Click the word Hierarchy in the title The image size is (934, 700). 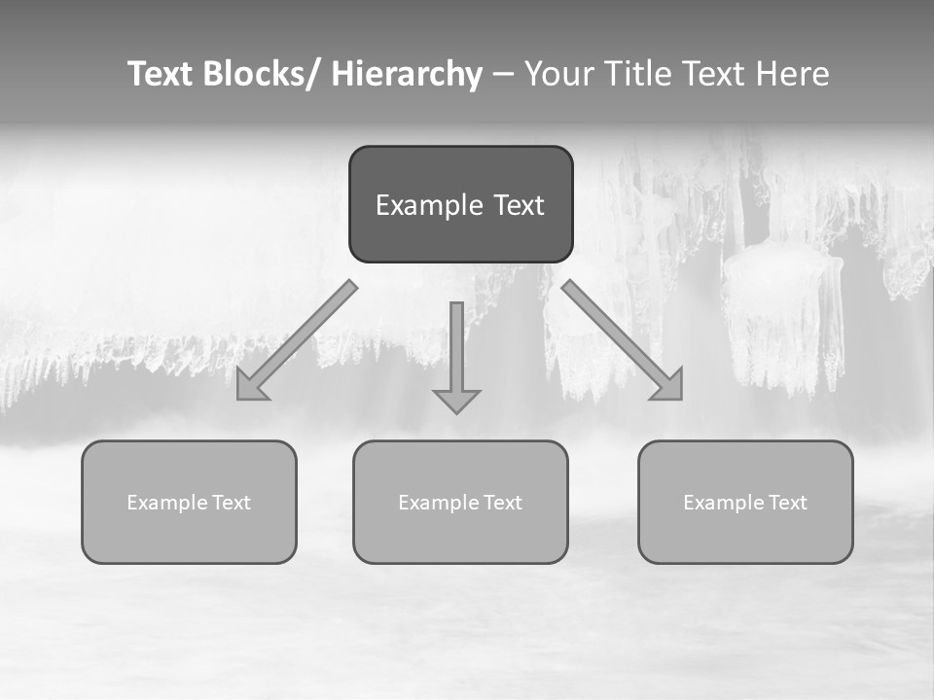click(407, 74)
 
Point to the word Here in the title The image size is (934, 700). click(791, 74)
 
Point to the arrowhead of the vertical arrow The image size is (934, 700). click(456, 401)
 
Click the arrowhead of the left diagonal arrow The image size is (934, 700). click(249, 387)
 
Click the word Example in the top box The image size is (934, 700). click(420, 205)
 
